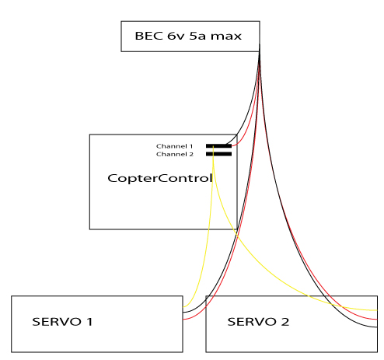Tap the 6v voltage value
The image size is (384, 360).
coord(176,36)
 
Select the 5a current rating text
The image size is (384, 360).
coord(197,36)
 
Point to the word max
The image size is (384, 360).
coord(226,37)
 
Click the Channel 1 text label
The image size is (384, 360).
coord(175,146)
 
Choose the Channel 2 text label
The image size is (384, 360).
coord(175,154)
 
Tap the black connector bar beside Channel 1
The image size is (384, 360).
coord(218,146)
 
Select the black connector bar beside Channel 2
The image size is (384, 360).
coord(218,154)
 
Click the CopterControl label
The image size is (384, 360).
coord(160,179)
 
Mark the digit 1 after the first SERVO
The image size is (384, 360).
coord(89,322)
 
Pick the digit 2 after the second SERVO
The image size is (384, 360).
coord(285,322)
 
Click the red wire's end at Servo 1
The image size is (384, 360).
coord(183,319)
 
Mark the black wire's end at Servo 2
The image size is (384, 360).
coord(377,327)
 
